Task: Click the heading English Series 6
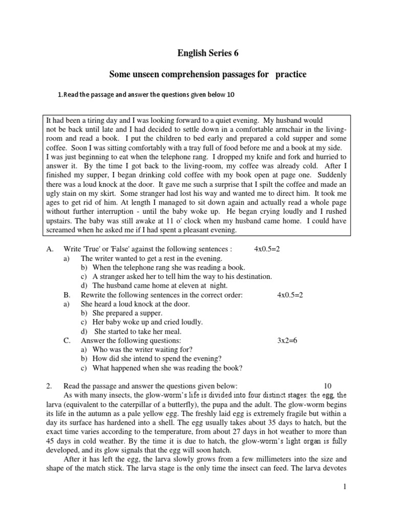208,53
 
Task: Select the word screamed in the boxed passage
62,231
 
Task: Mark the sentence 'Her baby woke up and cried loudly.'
147,322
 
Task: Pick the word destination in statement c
252,276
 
